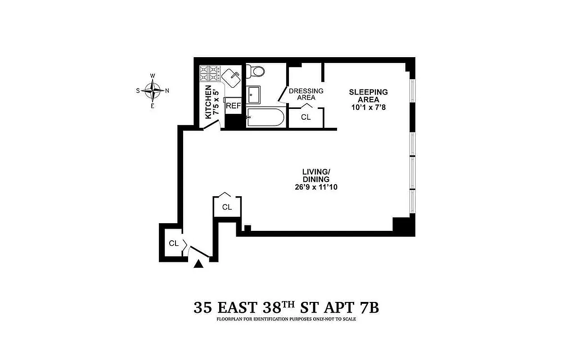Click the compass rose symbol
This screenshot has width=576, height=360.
pos(153,90)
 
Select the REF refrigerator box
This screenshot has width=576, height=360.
pos(233,106)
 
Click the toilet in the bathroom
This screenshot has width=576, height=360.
pos(256,71)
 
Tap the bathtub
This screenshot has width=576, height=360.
pos(265,117)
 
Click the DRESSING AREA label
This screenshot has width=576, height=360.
pos(306,94)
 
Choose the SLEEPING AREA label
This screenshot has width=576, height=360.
pos(368,95)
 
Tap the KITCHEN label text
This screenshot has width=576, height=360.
pos(208,102)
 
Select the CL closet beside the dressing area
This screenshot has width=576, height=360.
pos(306,117)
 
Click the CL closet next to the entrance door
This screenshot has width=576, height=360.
pos(174,243)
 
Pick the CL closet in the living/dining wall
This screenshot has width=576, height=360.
pos(227,207)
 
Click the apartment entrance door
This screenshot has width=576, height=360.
pos(198,252)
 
